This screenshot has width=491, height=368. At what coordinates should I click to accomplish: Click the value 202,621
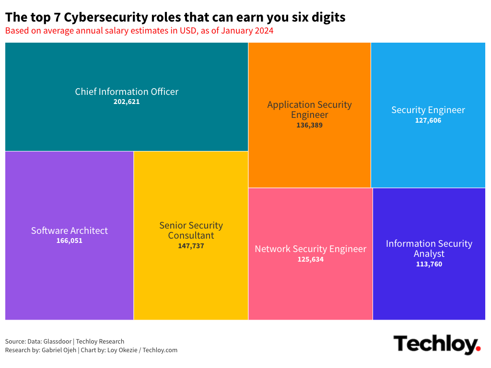click(127, 102)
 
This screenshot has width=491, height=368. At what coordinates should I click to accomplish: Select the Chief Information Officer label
click(127, 92)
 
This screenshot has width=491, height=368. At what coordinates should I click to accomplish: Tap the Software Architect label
click(70, 230)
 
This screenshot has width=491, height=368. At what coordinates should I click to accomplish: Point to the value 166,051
click(70, 241)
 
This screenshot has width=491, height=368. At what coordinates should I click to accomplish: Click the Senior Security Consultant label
click(191, 230)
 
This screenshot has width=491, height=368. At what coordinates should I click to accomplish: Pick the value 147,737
click(191, 246)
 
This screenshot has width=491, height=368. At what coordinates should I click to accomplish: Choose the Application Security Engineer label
click(309, 110)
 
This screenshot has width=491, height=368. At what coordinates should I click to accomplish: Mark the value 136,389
click(309, 125)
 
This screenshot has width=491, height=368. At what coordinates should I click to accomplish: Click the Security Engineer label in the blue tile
click(428, 110)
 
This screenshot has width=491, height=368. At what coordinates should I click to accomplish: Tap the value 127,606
click(428, 120)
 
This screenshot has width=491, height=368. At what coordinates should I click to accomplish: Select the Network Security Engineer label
click(310, 249)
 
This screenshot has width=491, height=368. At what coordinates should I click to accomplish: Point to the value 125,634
click(310, 259)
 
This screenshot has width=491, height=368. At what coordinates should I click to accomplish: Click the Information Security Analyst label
click(429, 248)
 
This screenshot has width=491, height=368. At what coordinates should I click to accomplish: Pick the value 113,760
click(429, 264)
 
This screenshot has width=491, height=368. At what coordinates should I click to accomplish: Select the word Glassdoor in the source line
click(58, 342)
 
